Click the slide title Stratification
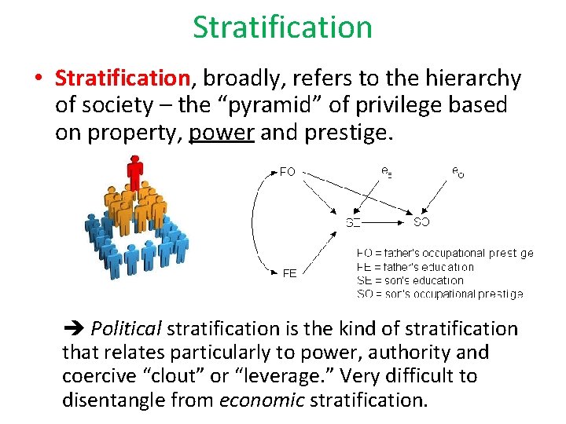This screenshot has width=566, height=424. click(x=282, y=27)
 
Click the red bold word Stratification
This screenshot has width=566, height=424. click(x=123, y=79)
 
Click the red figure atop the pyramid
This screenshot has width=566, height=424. click(x=136, y=172)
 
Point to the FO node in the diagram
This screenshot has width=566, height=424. click(x=288, y=172)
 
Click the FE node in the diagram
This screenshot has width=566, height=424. click(x=289, y=273)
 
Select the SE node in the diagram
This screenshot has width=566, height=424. click(x=354, y=222)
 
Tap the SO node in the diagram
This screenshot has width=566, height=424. click(x=421, y=222)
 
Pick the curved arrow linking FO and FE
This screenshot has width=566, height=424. click(x=255, y=222)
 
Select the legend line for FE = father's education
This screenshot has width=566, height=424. click(x=415, y=267)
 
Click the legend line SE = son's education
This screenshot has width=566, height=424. click(x=410, y=280)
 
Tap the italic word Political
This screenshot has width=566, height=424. click(x=126, y=329)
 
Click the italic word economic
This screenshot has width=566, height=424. click(x=262, y=400)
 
